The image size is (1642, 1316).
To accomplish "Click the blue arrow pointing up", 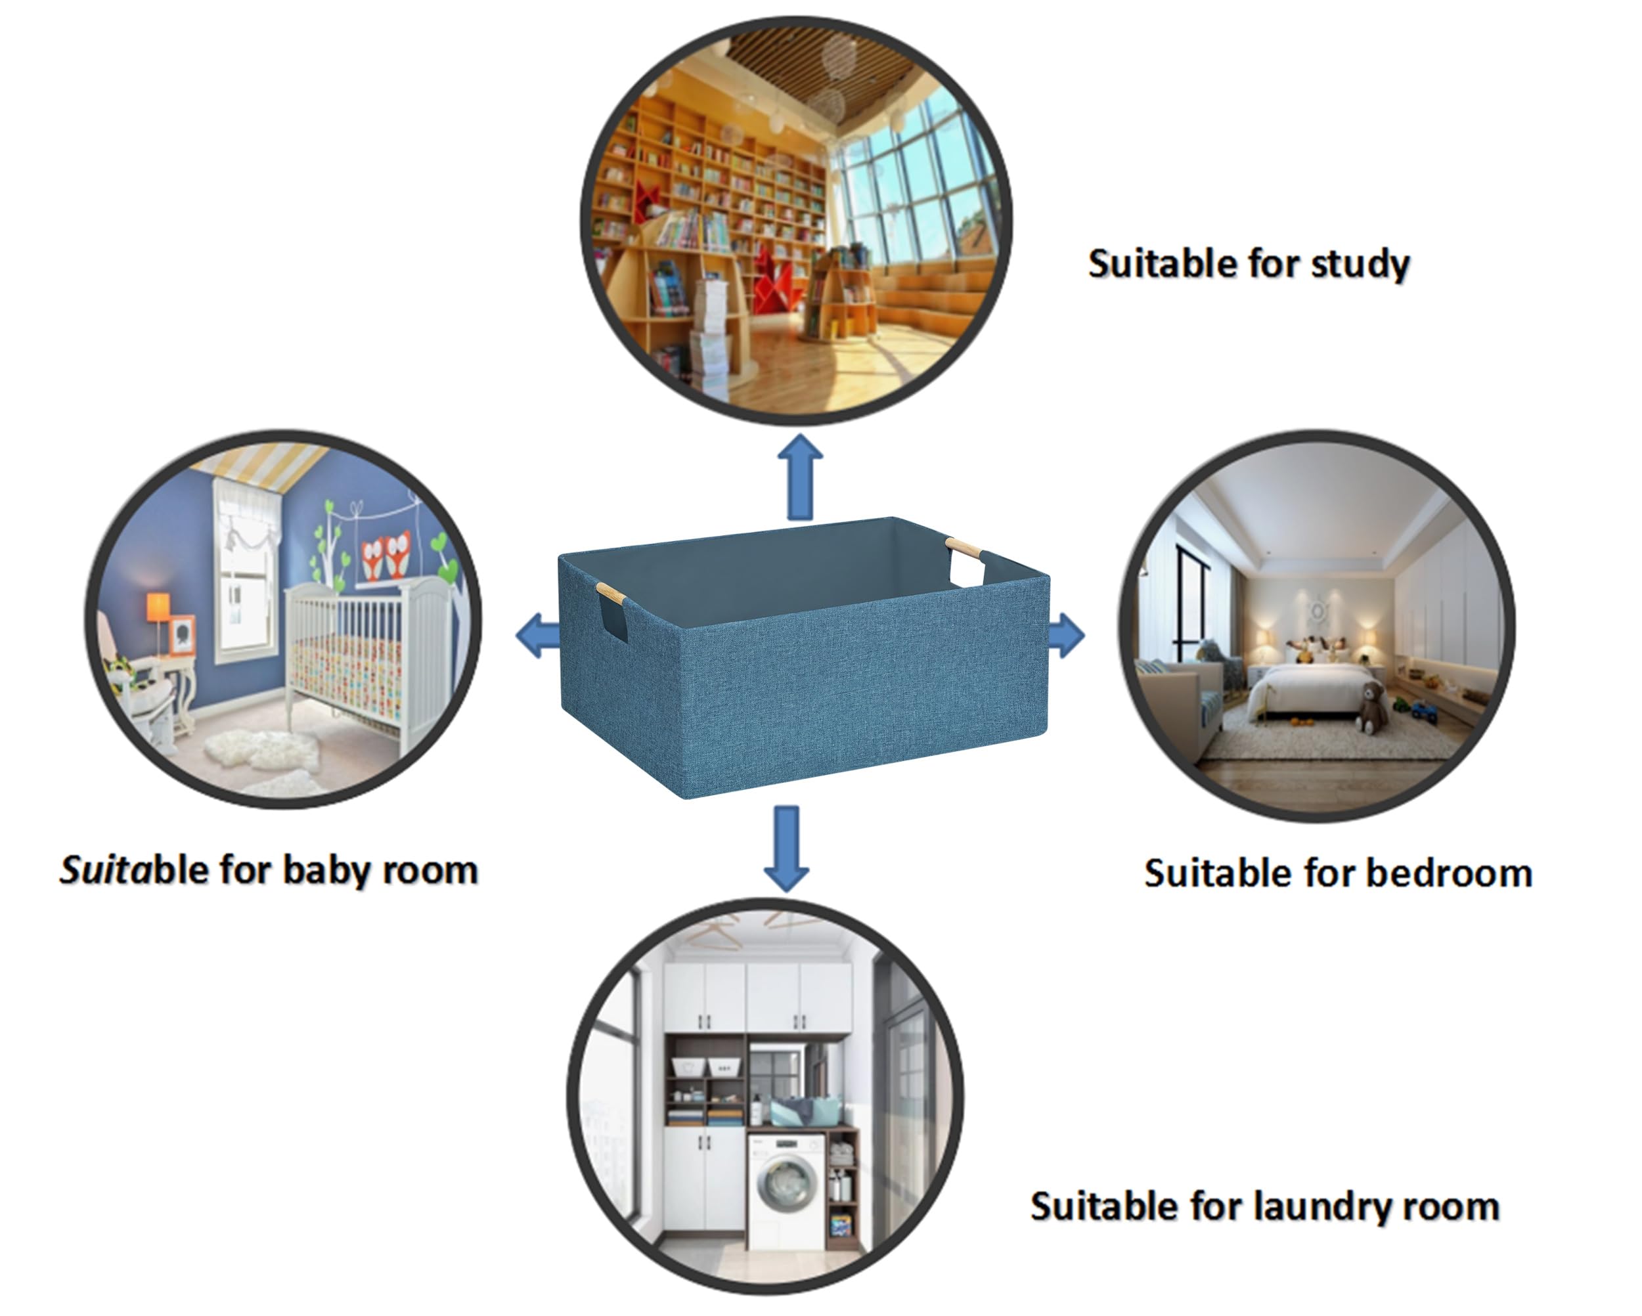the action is (x=800, y=477).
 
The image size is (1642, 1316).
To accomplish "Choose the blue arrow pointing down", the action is (x=787, y=848).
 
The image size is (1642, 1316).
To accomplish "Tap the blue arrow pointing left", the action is (x=538, y=635).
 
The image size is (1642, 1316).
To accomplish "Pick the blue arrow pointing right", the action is (x=1066, y=634).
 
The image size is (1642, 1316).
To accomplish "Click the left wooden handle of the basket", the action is (x=611, y=592).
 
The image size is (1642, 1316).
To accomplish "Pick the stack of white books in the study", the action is (x=709, y=334).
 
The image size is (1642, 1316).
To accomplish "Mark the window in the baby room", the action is (x=244, y=579).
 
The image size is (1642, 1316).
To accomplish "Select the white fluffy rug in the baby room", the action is (x=261, y=750).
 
